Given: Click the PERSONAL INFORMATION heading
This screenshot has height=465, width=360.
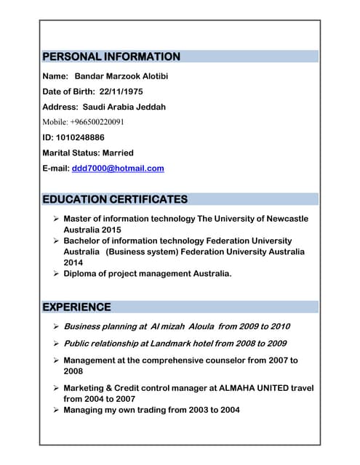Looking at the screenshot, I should pos(111,57).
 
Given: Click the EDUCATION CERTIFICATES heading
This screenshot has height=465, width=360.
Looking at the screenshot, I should pos(115,199).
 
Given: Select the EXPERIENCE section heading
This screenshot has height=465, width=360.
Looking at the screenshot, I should pos(77,307).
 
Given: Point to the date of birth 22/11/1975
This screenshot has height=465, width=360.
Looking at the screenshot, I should pos(121,92).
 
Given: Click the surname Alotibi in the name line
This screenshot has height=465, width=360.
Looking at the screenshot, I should pos(152,76).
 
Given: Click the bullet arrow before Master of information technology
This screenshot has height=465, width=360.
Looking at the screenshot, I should pos(55,219).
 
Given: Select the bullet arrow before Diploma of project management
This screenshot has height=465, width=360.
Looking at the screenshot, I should pos(55,274).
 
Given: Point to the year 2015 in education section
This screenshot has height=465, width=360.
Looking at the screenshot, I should pos(111,230).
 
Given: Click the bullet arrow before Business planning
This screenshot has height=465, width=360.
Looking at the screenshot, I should pos(55,327).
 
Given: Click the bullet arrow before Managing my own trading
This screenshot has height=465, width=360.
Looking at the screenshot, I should pos(55,411).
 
